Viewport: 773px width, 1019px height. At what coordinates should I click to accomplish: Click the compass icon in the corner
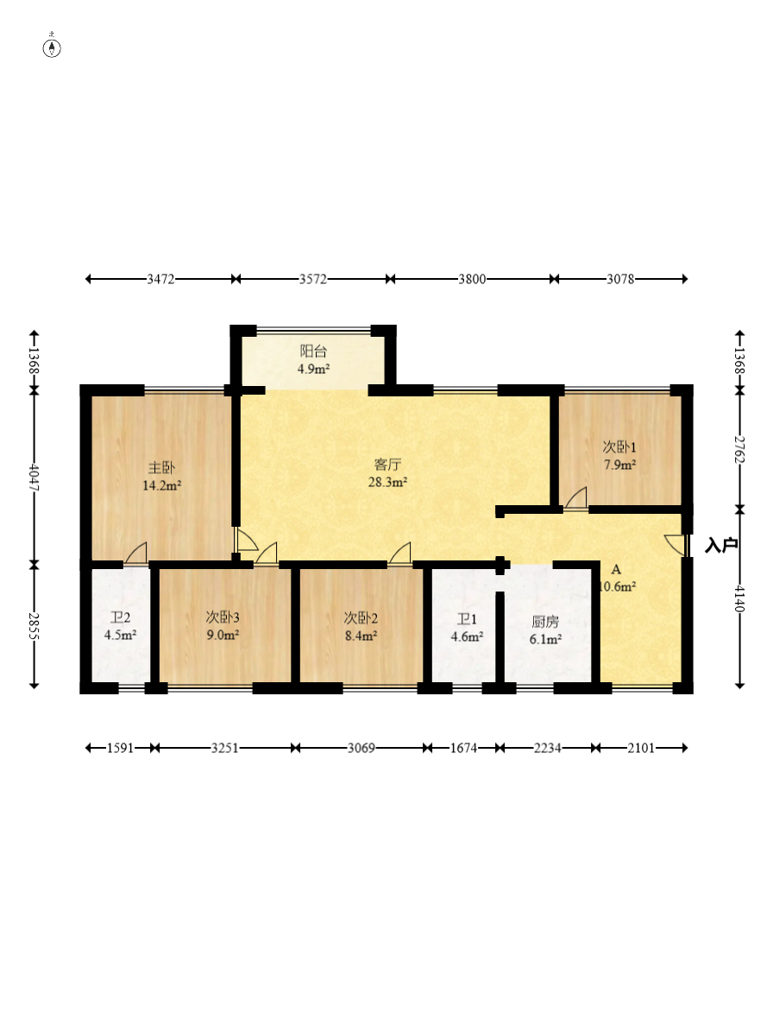(x=52, y=47)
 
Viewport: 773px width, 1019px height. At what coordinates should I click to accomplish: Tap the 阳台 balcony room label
(x=313, y=351)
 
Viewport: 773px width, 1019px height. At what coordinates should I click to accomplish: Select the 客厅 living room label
(x=387, y=464)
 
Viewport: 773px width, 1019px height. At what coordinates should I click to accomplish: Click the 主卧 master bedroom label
(x=161, y=467)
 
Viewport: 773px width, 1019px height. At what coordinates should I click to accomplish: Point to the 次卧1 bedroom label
(x=619, y=447)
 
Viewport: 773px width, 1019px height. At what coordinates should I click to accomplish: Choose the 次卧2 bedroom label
(x=361, y=618)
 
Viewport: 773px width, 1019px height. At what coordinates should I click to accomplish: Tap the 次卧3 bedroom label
(x=223, y=617)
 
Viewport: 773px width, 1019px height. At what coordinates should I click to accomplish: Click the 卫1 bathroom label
(x=467, y=619)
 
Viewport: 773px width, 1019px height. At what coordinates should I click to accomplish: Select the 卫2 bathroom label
(x=120, y=617)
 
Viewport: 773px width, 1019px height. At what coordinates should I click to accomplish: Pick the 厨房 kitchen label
(x=544, y=622)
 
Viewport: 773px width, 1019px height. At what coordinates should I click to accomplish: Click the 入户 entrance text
(x=721, y=545)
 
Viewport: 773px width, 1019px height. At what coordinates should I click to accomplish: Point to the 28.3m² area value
(x=387, y=482)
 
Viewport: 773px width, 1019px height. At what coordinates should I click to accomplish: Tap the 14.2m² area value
(x=161, y=485)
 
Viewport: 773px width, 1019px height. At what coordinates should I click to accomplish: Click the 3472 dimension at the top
(x=160, y=279)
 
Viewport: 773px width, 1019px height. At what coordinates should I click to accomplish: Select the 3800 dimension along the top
(x=472, y=279)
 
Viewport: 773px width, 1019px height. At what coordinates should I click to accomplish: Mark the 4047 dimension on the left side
(x=35, y=478)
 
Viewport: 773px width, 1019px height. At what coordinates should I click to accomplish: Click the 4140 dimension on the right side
(x=739, y=598)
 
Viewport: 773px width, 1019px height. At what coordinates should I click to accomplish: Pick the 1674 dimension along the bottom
(x=463, y=748)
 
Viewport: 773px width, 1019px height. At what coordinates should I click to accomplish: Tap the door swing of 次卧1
(x=576, y=497)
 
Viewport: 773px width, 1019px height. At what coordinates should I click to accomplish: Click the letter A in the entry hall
(x=616, y=570)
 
